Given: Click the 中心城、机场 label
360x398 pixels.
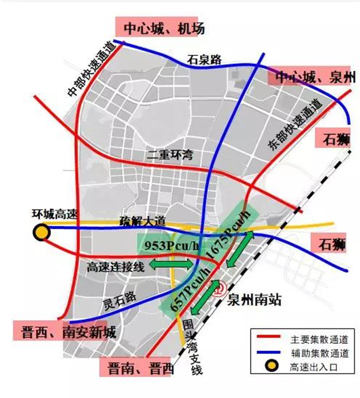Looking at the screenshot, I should [x=160, y=27].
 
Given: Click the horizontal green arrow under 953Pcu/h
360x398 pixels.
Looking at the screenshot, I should [x=171, y=264].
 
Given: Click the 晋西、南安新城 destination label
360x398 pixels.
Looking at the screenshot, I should [x=60, y=332].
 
